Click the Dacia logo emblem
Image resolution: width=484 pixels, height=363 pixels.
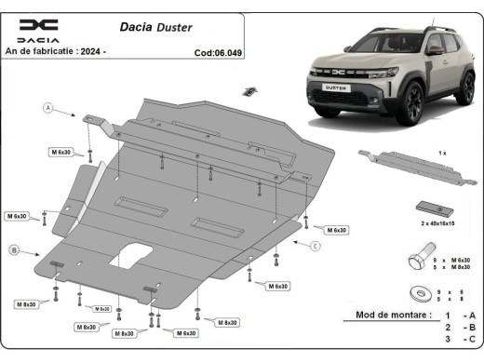[x=38, y=25]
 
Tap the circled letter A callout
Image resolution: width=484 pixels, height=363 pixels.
[x=47, y=110]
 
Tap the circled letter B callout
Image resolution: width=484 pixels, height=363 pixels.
[x=16, y=250]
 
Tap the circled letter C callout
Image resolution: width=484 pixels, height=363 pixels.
[x=316, y=246]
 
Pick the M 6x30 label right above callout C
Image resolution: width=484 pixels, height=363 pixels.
[x=336, y=229]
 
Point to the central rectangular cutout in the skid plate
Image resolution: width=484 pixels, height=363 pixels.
[x=130, y=255]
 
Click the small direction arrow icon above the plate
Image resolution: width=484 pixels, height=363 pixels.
[x=249, y=90]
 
